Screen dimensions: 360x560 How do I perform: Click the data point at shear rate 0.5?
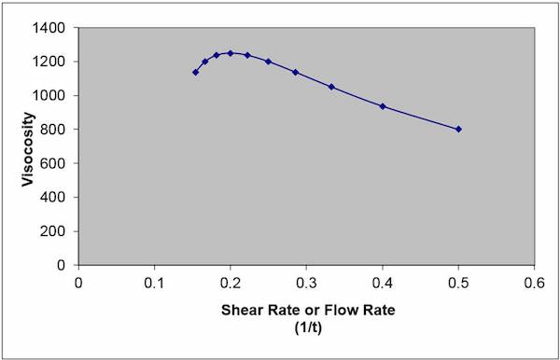pyautogui.click(x=458, y=130)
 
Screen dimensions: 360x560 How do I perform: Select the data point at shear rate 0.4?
pyautogui.click(x=383, y=106)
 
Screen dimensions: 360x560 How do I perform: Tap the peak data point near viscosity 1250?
pyautogui.click(x=231, y=53)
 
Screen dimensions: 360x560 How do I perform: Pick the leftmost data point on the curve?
pyautogui.click(x=196, y=72)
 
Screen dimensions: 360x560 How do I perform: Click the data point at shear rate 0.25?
pyautogui.click(x=268, y=62)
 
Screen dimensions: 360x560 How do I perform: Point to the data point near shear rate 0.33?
pyautogui.click(x=331, y=87)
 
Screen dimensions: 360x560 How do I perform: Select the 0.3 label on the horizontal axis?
pyautogui.click(x=306, y=281)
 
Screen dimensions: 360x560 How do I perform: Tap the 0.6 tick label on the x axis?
pyautogui.click(x=534, y=281)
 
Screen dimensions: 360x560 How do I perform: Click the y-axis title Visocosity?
pyautogui.click(x=31, y=146)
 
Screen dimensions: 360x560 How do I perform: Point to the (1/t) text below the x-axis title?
pyautogui.click(x=306, y=326)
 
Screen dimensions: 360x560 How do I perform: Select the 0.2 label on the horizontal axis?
pyautogui.click(x=231, y=281)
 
